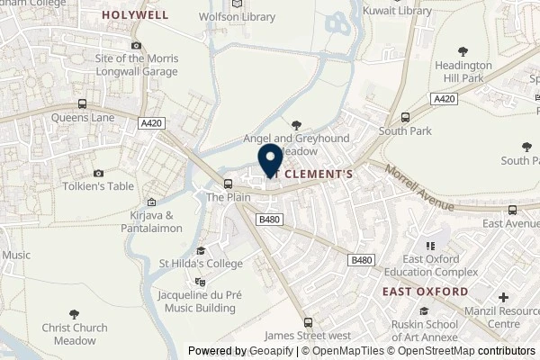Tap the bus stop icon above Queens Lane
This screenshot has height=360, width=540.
coord(82,103)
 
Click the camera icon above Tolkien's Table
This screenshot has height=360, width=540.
coord(97,173)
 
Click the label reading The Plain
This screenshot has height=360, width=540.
coord(227,195)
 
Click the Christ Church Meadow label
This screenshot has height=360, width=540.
coord(75,334)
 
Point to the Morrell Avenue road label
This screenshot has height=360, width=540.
coord(419,186)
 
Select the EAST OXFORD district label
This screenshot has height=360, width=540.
coord(425,292)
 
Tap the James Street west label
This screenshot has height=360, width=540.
coord(310,334)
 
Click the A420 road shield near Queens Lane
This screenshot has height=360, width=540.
coord(150,123)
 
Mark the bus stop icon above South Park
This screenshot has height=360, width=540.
coord(405,117)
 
